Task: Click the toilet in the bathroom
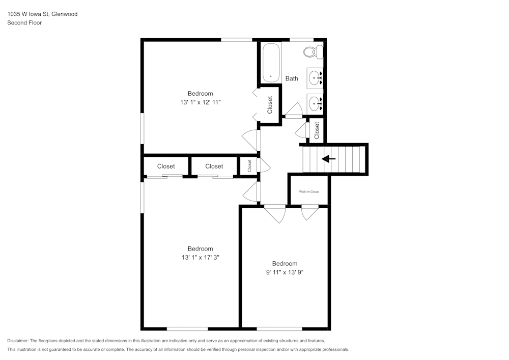tap(313, 51)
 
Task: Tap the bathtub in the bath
tap(271, 62)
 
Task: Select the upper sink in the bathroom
tap(316, 78)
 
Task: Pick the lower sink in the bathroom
tap(316, 103)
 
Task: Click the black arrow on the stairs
tap(329, 159)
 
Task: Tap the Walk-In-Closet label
tap(309, 191)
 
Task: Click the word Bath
tap(292, 78)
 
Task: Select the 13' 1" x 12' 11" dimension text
tap(200, 102)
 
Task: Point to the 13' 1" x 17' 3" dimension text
tap(200, 258)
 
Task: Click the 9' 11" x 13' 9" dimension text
tap(285, 272)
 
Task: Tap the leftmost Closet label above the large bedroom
tap(166, 167)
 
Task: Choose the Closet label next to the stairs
tap(317, 130)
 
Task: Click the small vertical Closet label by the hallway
tap(249, 166)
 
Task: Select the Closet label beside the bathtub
tap(270, 105)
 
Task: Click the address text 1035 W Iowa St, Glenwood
tap(42, 14)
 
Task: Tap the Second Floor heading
tap(24, 23)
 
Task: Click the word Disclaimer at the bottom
tap(18, 341)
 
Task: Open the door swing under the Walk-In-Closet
tap(309, 213)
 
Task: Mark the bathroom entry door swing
tap(293, 109)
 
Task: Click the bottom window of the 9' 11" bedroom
tap(279, 329)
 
